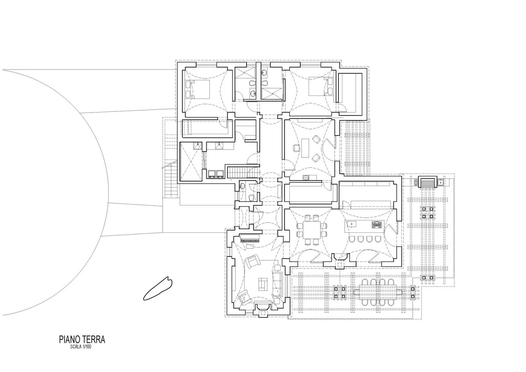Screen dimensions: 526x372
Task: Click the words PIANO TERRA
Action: [82, 339]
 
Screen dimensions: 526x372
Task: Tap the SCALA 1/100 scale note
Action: [80, 347]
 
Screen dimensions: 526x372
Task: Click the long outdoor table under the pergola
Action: [378, 292]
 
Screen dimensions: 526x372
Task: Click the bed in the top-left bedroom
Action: [197, 89]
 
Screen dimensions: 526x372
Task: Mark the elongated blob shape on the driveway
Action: [157, 288]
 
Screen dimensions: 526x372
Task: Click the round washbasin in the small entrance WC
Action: [242, 187]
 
